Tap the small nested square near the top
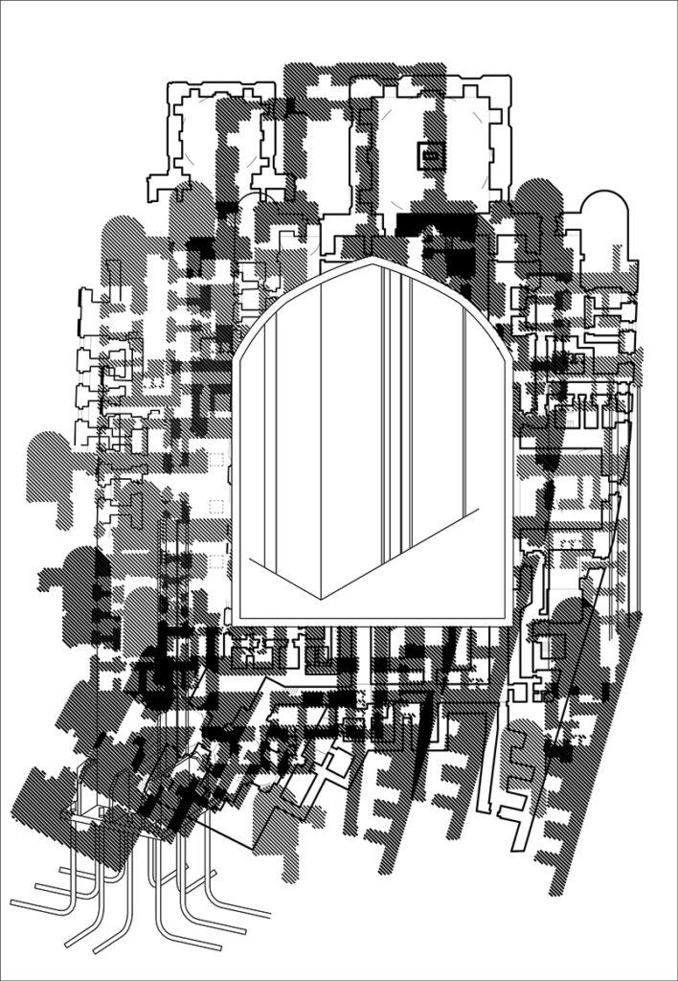pyautogui.click(x=429, y=153)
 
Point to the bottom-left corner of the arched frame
pyautogui.click(x=236, y=622)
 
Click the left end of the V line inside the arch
pyautogui.click(x=248, y=557)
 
